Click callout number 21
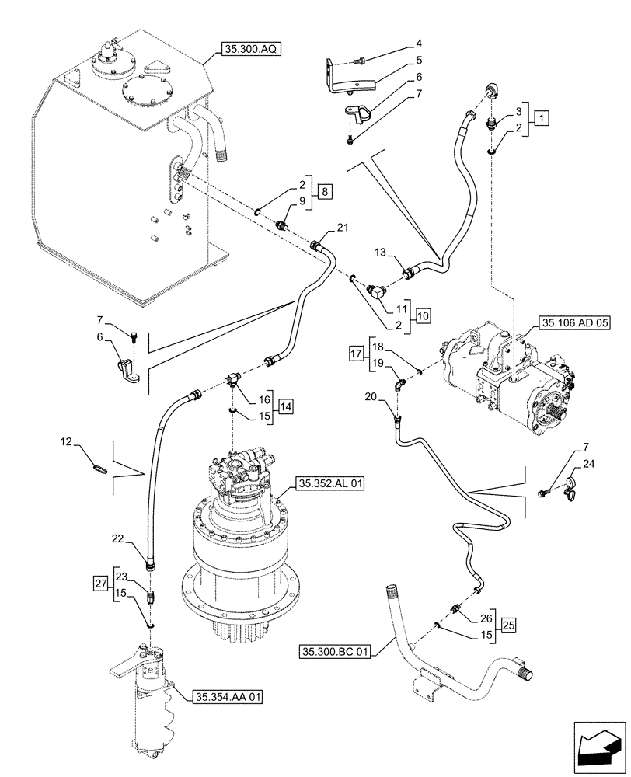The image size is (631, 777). [343, 226]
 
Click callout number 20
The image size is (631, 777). [370, 397]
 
